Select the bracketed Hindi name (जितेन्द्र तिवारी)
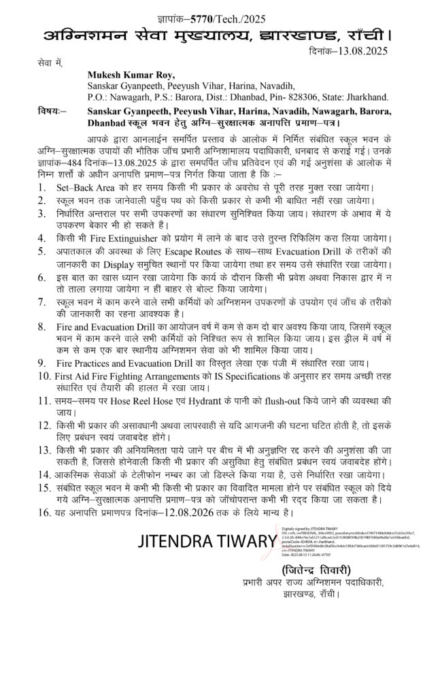click(307, 569)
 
